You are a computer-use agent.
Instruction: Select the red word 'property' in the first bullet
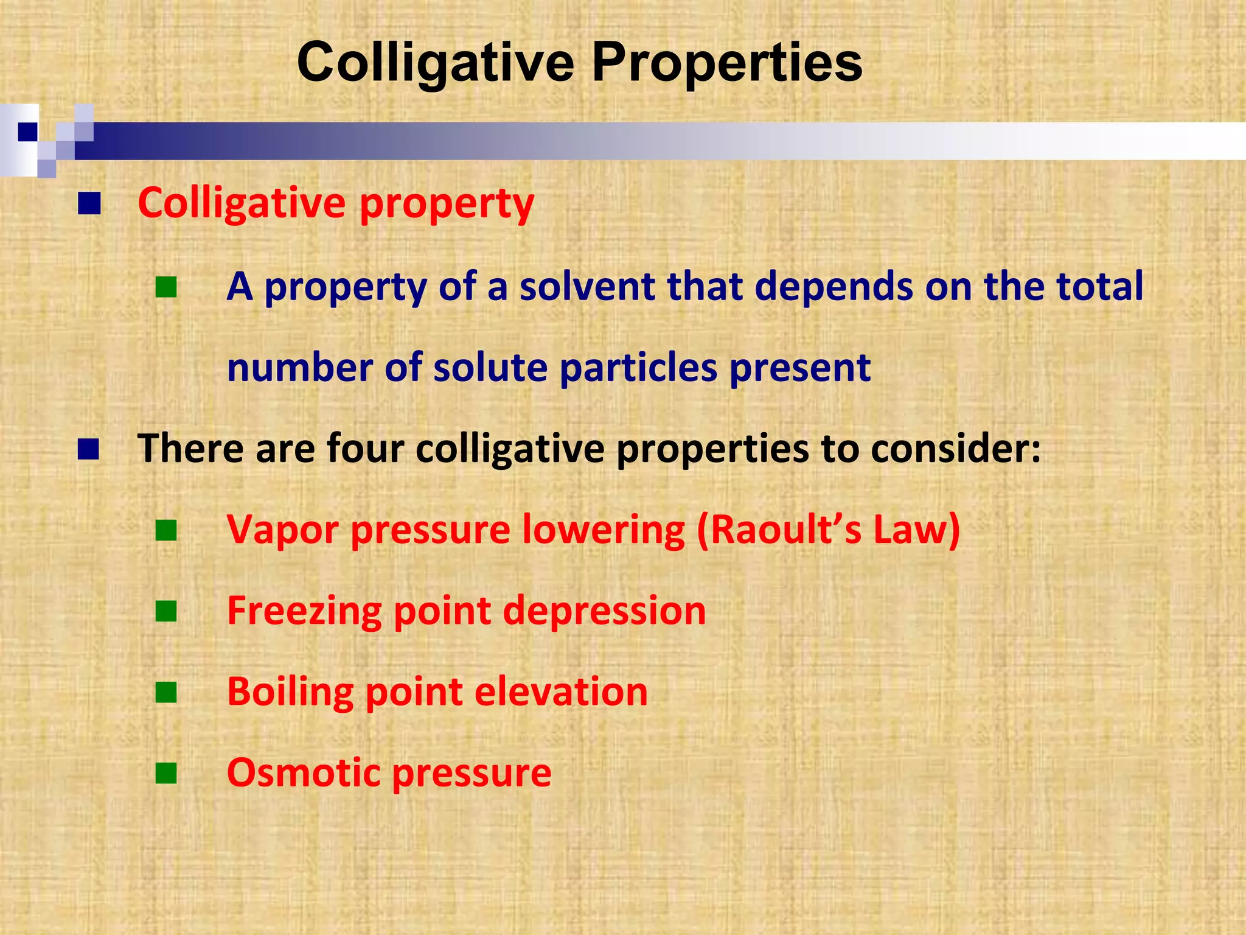pos(447,204)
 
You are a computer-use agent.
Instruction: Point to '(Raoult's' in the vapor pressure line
pos(779,530)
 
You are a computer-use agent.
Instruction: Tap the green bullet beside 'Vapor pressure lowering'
pos(165,531)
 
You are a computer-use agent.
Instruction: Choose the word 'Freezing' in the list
pos(304,611)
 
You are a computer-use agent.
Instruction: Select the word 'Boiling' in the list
pos(290,692)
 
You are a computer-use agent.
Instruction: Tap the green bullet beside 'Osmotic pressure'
pos(165,774)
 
